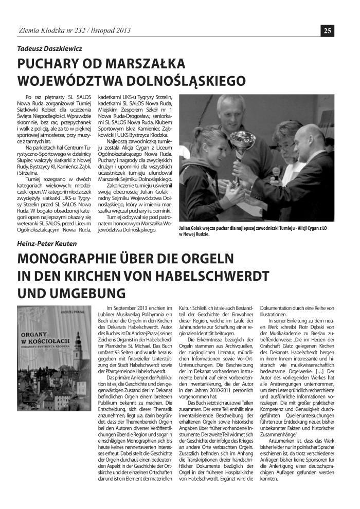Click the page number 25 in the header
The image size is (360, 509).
pyautogui.click(x=328, y=30)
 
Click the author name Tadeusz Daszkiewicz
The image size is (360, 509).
pyautogui.click(x=50, y=49)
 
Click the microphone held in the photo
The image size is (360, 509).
pyautogui.click(x=276, y=172)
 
